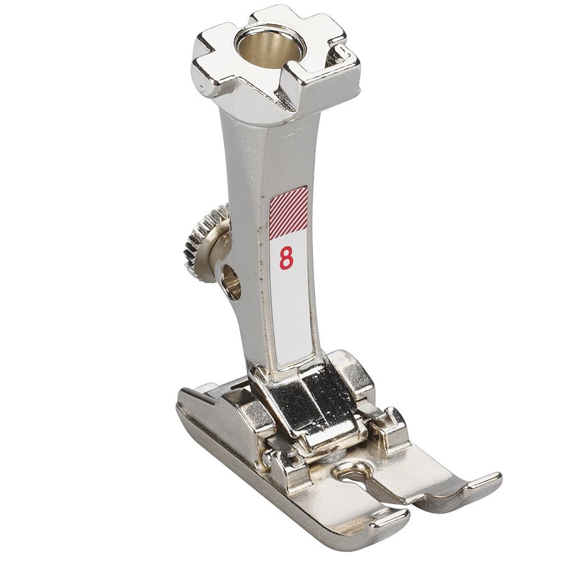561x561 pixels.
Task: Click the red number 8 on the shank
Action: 286,258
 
